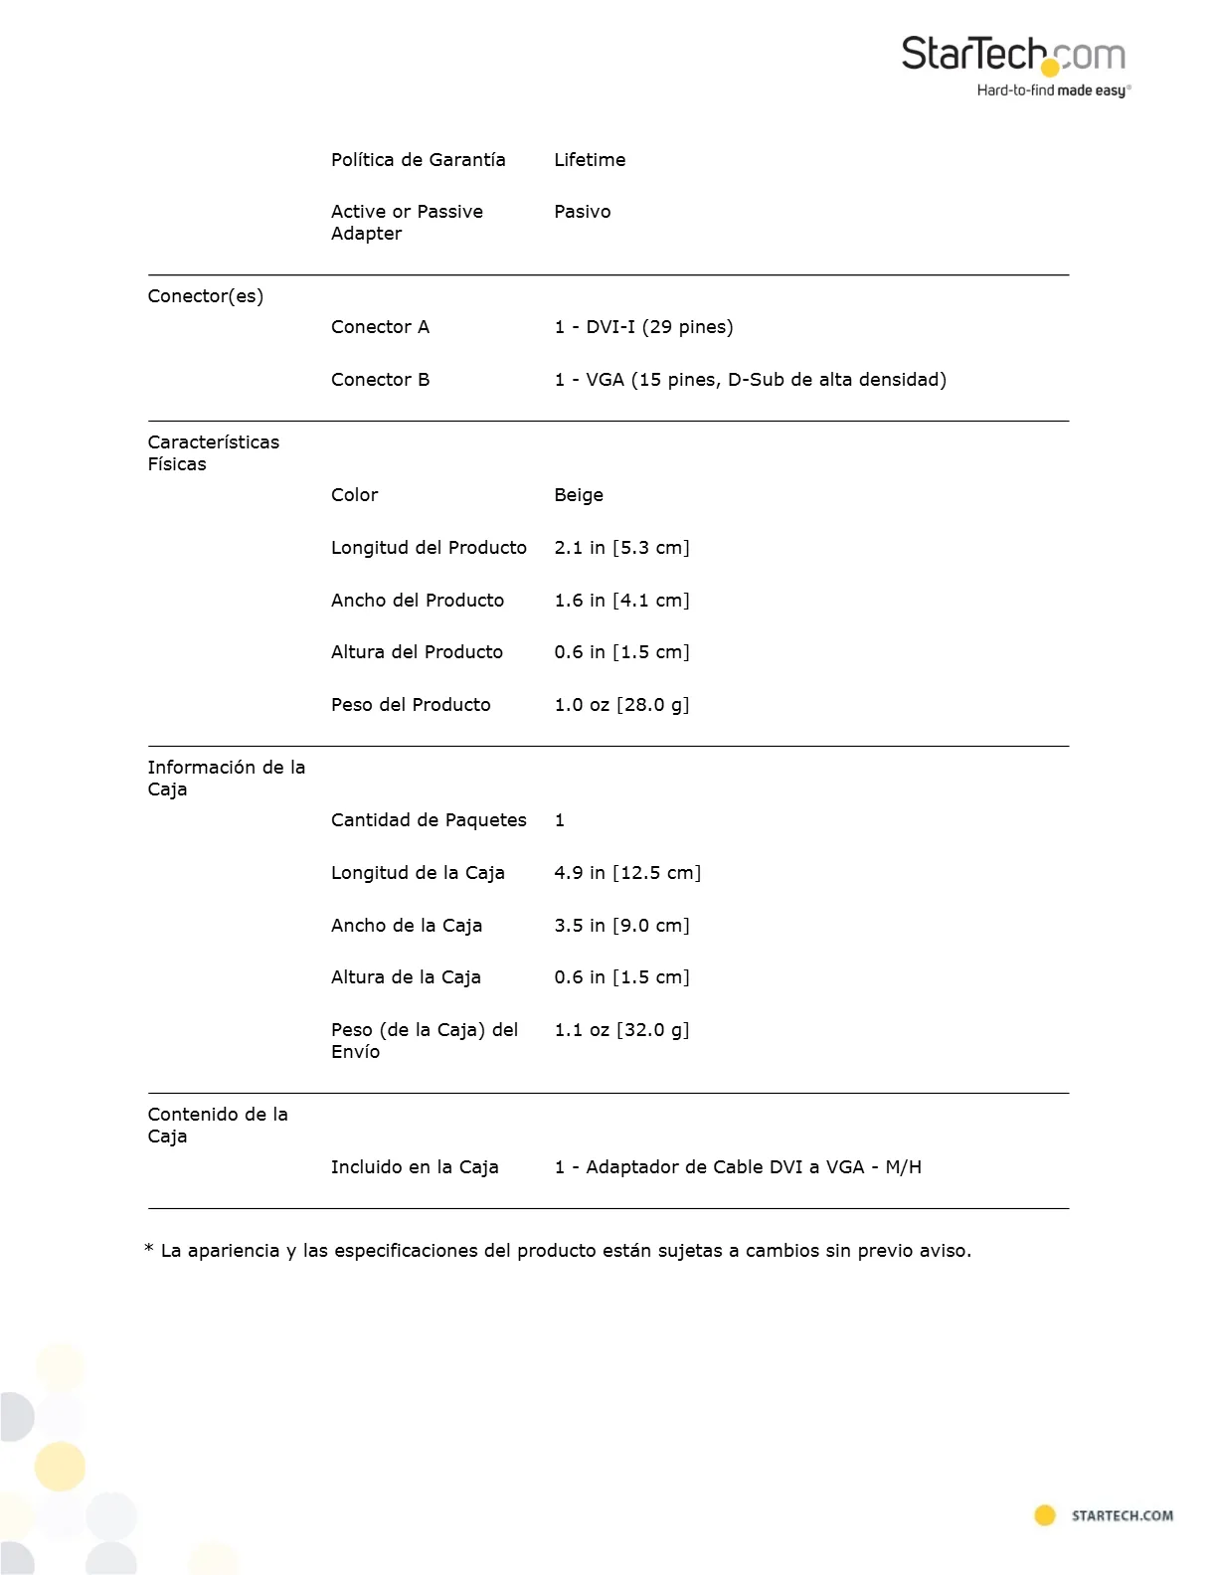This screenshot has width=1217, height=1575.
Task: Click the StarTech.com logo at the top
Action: (x=1014, y=66)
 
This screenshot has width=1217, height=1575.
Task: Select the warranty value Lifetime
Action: (x=590, y=160)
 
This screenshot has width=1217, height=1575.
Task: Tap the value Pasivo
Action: (x=583, y=212)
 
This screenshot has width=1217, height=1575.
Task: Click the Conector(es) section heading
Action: (x=206, y=296)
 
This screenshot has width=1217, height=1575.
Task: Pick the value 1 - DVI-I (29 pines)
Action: (x=643, y=327)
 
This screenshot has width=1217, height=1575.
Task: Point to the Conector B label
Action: (x=380, y=380)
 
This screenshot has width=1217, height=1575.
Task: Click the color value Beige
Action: (x=579, y=495)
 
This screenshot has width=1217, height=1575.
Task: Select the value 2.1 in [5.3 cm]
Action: (x=621, y=548)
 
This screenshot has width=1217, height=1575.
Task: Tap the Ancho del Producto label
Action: (x=418, y=601)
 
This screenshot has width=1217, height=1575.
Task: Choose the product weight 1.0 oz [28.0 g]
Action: (x=621, y=705)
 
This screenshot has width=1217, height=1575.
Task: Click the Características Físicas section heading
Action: (x=213, y=453)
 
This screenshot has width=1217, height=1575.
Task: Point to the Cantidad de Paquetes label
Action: (x=429, y=820)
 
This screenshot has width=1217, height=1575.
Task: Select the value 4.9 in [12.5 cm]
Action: (x=627, y=873)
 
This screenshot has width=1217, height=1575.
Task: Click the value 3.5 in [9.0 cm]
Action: (x=621, y=926)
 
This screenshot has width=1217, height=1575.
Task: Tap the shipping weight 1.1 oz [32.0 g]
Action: (x=621, y=1030)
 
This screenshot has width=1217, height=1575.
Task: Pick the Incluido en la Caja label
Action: (x=415, y=1167)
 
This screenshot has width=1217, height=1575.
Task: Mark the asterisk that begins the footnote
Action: (x=149, y=1250)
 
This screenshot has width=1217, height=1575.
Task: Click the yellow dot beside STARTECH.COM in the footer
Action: (x=1045, y=1515)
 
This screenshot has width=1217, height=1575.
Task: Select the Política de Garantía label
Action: (x=418, y=160)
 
